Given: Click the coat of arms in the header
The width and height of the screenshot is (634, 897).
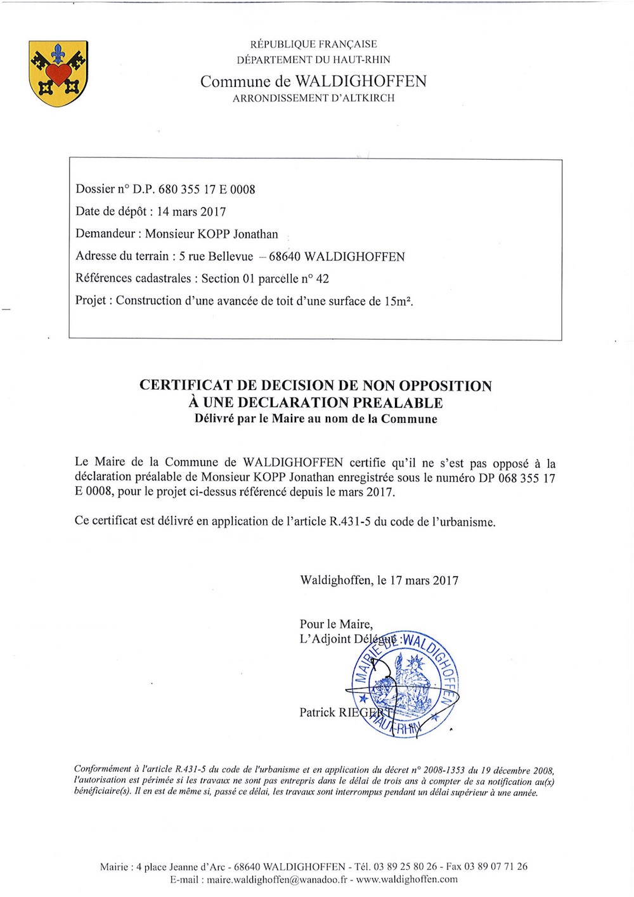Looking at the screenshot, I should (x=58, y=73).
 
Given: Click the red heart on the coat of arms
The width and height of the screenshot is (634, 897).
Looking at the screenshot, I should (x=58, y=73).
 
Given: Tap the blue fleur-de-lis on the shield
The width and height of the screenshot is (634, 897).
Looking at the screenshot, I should (x=58, y=53).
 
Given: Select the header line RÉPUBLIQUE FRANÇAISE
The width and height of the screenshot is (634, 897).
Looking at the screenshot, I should (x=313, y=44).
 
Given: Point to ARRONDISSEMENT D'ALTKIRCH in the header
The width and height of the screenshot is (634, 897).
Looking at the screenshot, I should (x=313, y=98).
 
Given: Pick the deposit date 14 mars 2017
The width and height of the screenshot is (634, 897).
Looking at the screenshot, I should (x=191, y=212).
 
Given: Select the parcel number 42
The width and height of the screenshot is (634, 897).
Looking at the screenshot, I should (x=322, y=279).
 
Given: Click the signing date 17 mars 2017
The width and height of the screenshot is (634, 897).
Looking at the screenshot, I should (x=424, y=580).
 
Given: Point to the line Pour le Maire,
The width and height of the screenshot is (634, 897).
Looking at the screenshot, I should (x=336, y=624).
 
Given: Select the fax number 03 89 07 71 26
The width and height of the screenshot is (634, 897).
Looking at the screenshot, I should (x=496, y=867).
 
